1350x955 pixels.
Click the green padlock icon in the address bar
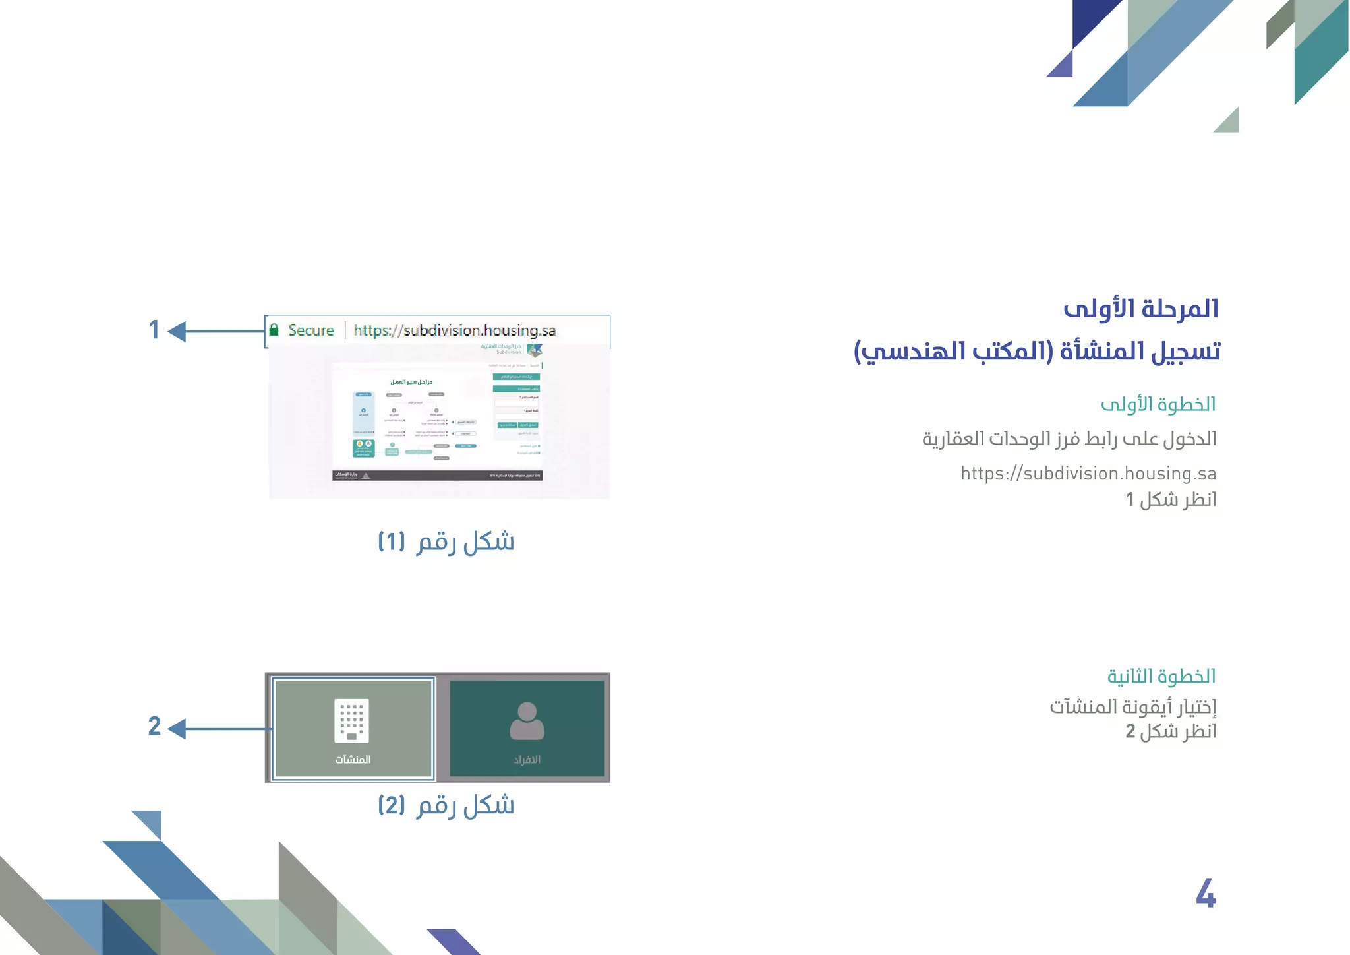[x=274, y=330]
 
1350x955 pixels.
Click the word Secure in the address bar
[x=310, y=330]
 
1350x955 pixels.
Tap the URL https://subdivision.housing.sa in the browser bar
[x=454, y=330]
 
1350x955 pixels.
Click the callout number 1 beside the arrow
[x=154, y=330]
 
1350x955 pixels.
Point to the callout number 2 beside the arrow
[x=154, y=726]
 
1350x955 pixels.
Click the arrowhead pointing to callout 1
[x=177, y=331]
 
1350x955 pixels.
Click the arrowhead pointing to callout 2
[x=177, y=729]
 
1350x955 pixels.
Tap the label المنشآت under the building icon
[x=353, y=760]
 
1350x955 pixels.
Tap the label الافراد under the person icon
[x=527, y=760]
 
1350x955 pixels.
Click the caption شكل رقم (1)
[x=446, y=542]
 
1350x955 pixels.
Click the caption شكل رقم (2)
[x=446, y=805]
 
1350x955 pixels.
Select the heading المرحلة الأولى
[x=1141, y=309]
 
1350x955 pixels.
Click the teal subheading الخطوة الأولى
[x=1158, y=404]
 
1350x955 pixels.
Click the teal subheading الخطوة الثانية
[x=1161, y=676]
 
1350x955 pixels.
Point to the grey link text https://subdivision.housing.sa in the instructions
[x=1088, y=474]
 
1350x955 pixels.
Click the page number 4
[x=1206, y=894]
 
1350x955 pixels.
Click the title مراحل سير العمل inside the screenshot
[x=411, y=382]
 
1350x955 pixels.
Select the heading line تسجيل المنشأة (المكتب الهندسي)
[x=1037, y=352]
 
